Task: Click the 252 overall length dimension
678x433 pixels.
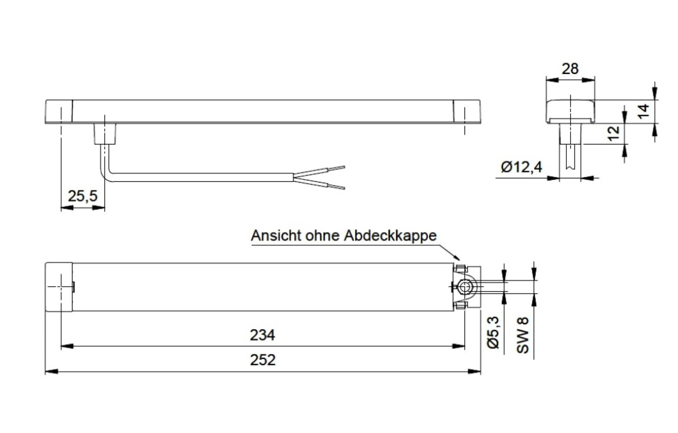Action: pos(263,360)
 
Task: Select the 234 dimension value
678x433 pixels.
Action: pos(262,335)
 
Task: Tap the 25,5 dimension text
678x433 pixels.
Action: pos(83,196)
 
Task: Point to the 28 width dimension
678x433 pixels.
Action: pos(569,68)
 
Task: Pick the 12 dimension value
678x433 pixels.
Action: pos(613,133)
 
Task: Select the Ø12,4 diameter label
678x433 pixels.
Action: pos(521,167)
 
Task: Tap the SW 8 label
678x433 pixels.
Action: pos(523,335)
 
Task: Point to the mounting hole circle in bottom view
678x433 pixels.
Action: pos(466,287)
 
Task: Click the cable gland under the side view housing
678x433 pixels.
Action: pos(105,133)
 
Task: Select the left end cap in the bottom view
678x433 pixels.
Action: pos(59,287)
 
